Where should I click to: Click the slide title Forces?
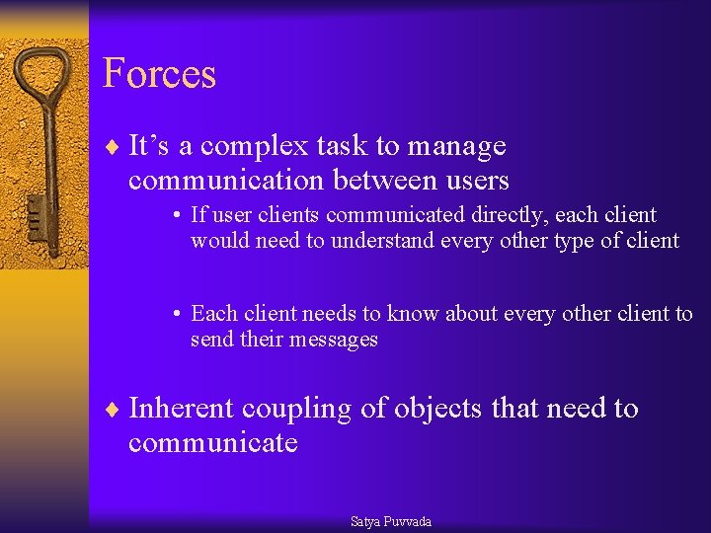[x=159, y=74]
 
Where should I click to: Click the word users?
[x=475, y=181]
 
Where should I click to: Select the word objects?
[x=436, y=409]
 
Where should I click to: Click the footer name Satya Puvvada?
[x=391, y=521]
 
